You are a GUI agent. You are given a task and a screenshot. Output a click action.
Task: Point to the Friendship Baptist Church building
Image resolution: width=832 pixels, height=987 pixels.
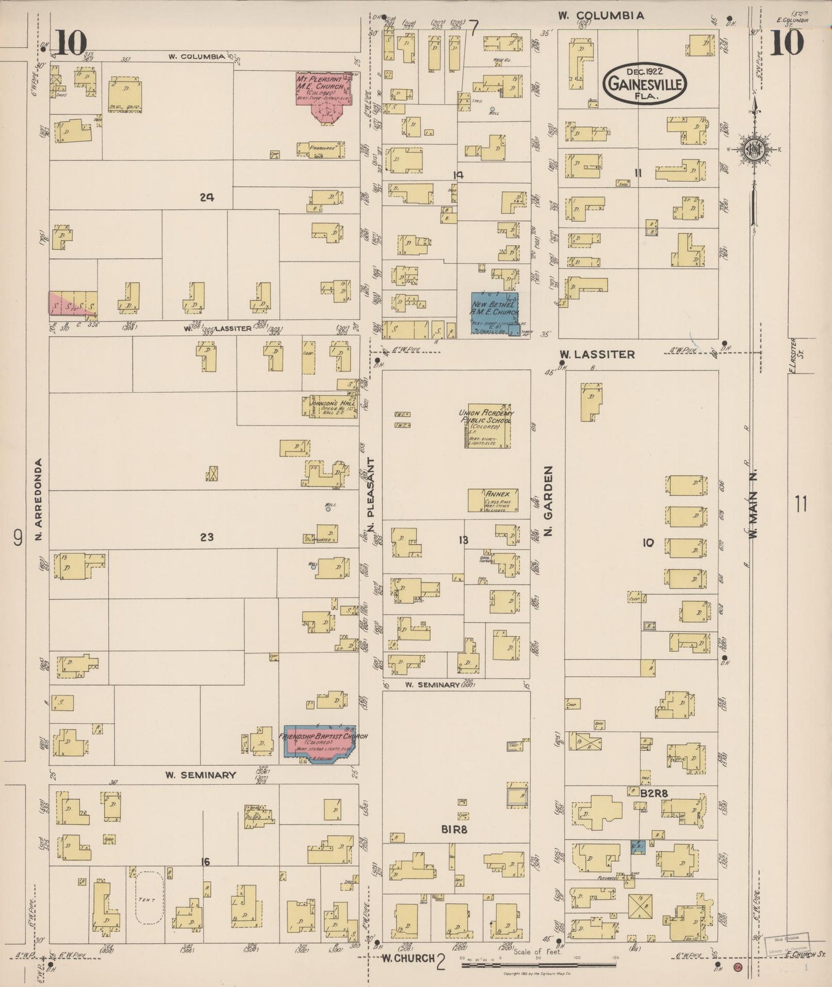pyautogui.click(x=320, y=743)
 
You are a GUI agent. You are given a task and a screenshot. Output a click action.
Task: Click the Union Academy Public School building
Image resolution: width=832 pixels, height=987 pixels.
pyautogui.click(x=488, y=426)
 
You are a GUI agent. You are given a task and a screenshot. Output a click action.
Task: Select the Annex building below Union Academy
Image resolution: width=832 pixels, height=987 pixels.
pyautogui.click(x=493, y=500)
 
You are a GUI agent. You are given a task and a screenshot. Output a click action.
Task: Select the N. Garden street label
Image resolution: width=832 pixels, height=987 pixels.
pyautogui.click(x=548, y=501)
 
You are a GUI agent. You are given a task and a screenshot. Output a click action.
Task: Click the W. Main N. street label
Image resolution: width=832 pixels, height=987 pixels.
pyautogui.click(x=753, y=502)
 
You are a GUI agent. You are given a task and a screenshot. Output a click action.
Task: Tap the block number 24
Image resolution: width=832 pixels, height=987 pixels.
pyautogui.click(x=207, y=198)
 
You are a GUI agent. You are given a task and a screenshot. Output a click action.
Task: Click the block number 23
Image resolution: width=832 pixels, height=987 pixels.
pyautogui.click(x=207, y=537)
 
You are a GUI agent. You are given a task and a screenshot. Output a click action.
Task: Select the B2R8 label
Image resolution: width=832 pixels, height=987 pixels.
pyautogui.click(x=654, y=793)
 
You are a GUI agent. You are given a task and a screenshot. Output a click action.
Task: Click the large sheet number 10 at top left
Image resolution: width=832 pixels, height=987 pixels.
pyautogui.click(x=71, y=42)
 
